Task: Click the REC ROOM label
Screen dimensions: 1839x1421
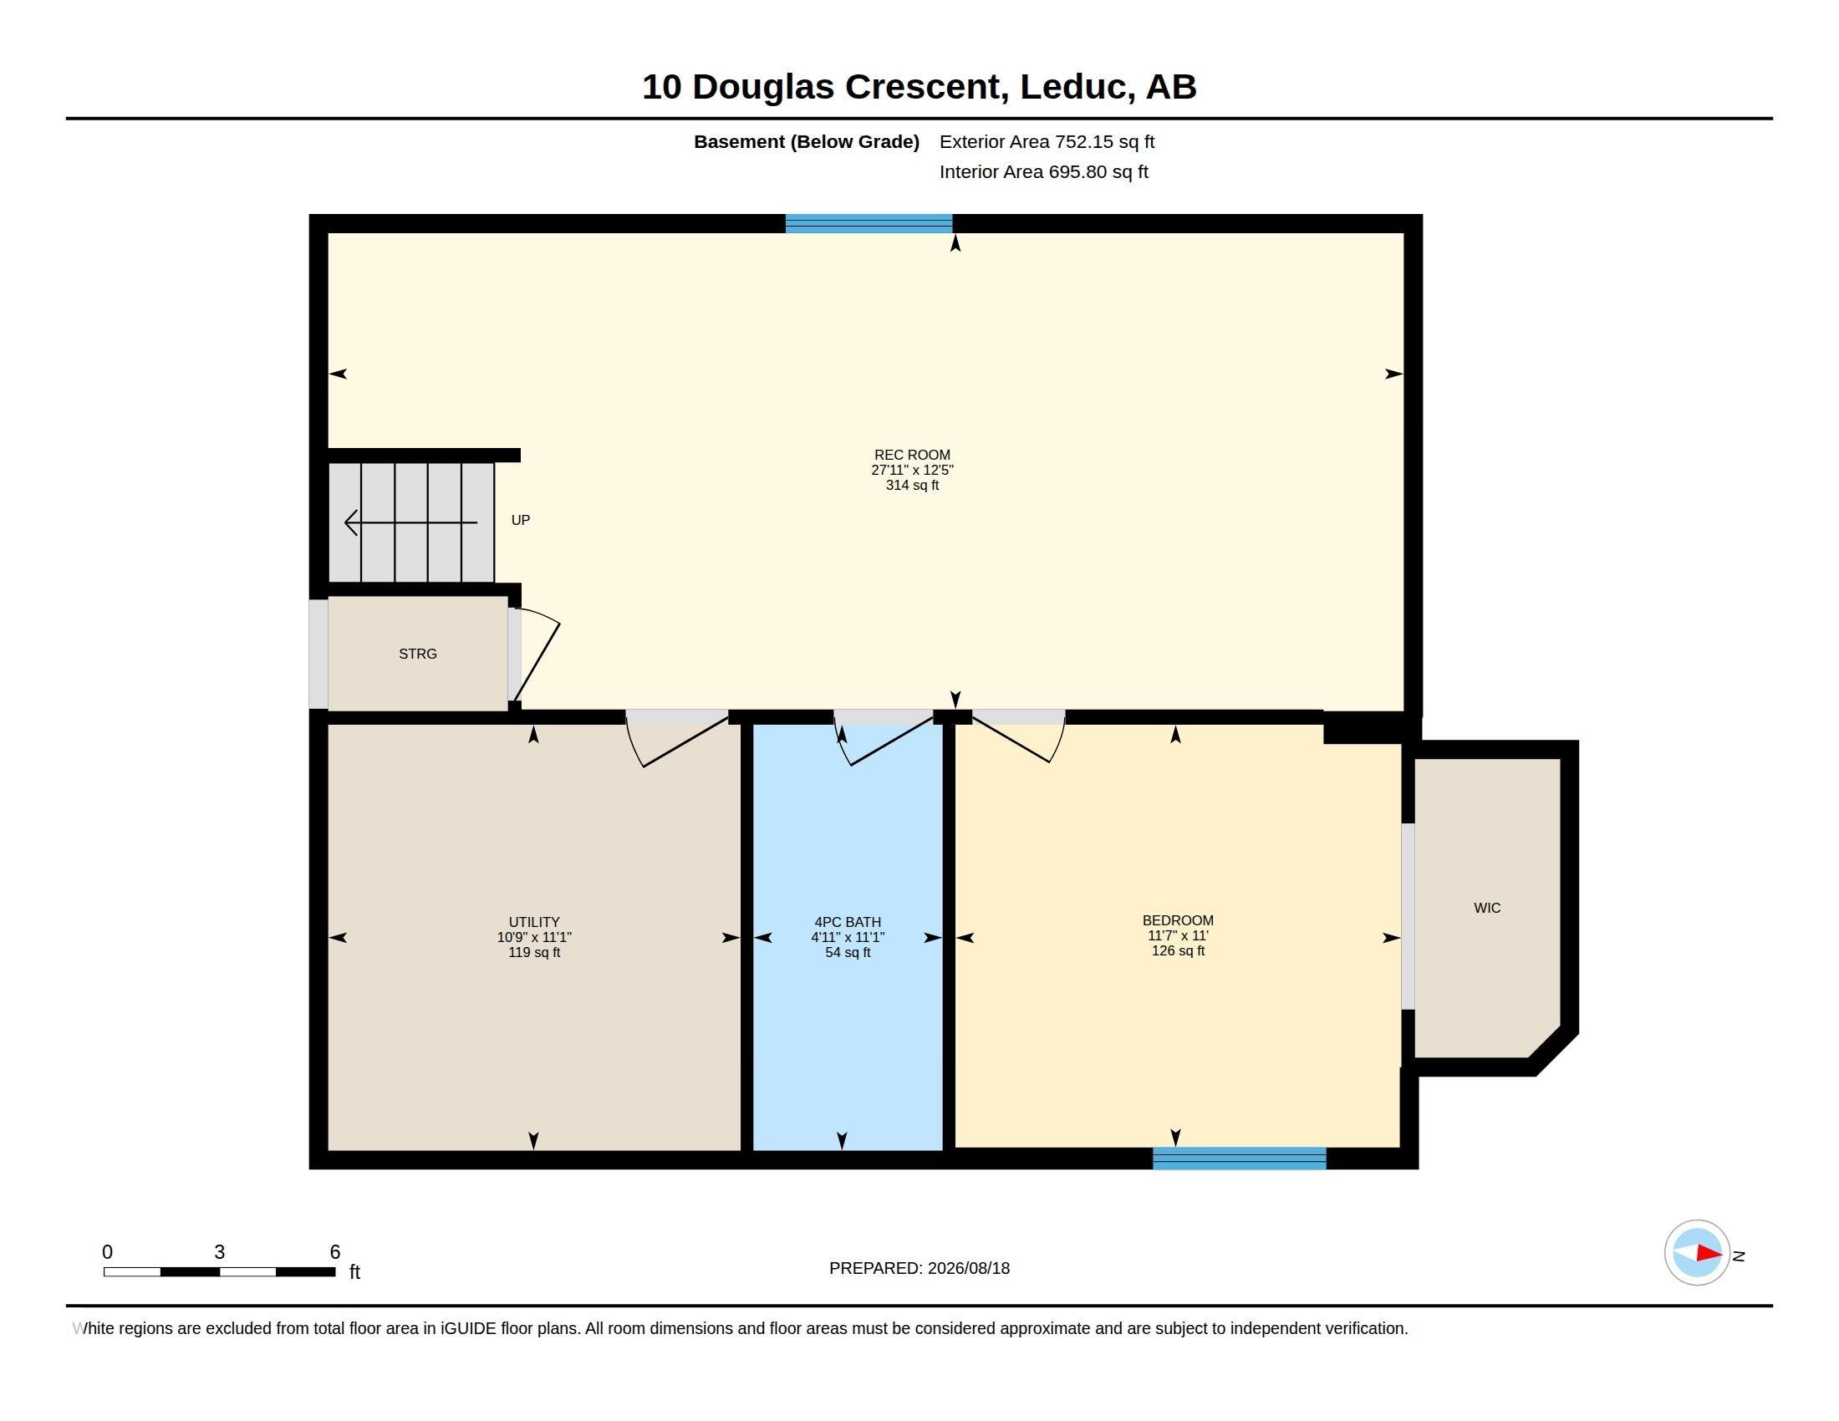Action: coord(912,455)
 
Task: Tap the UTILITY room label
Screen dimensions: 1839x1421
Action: coord(534,922)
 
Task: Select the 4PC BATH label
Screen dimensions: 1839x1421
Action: coord(847,922)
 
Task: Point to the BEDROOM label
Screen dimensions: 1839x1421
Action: coord(1177,920)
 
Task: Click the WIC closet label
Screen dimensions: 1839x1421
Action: coord(1487,908)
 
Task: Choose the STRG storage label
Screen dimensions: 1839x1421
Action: coord(418,654)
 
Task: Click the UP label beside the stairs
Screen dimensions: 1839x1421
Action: coord(521,520)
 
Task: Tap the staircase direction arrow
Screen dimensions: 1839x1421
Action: coord(411,522)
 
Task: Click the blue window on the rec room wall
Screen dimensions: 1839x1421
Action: coord(869,223)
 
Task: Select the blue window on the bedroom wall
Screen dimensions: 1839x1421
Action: coord(1240,1159)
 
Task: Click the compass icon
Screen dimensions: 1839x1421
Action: coord(1697,1253)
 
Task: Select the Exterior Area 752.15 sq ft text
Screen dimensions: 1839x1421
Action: coord(1047,141)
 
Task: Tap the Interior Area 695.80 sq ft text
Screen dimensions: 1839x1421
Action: coord(1043,171)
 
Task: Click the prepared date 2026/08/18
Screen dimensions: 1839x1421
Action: coord(968,1268)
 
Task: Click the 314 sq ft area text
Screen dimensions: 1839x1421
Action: coord(912,485)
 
